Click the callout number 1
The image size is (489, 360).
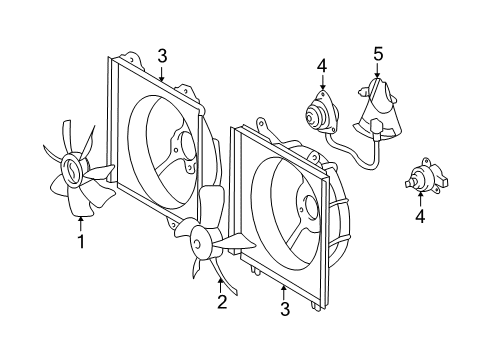pos(81,241)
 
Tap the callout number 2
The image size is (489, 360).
pos(222,302)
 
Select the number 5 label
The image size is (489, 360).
pos(378,54)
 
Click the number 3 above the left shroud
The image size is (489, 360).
pos(162,56)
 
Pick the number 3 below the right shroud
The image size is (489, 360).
pos(285,309)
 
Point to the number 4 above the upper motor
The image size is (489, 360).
pos(322,66)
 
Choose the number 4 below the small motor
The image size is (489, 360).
pos(420,217)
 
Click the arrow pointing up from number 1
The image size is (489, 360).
pos(81,224)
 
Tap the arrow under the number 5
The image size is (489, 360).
pos(377,70)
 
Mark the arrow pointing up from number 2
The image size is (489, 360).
pos(220,285)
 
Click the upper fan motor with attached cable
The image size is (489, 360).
pos(322,112)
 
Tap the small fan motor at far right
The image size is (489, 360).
pos(427,176)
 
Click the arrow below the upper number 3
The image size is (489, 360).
pos(162,74)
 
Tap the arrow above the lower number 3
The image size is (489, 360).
pos(283,293)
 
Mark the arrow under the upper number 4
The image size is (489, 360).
pos(322,82)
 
